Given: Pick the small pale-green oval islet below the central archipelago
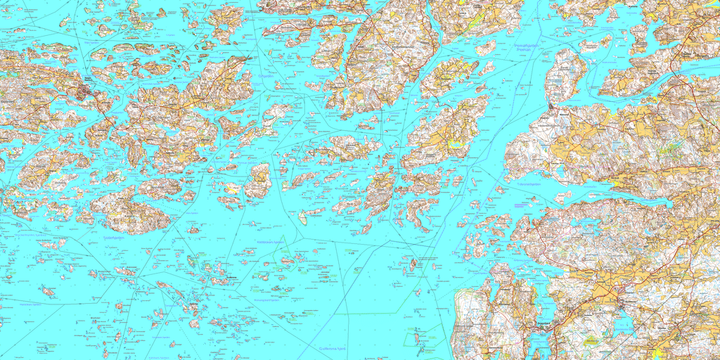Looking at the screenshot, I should click(303, 220).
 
